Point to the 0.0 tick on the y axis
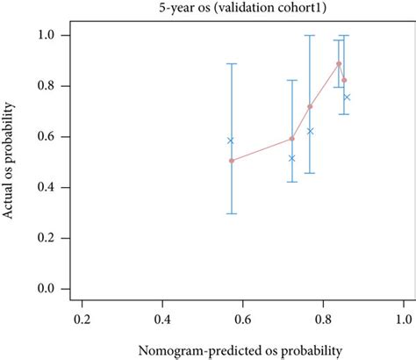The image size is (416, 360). (x=49, y=289)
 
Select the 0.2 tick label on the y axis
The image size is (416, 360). (x=49, y=238)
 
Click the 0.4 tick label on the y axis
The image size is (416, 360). (x=49, y=188)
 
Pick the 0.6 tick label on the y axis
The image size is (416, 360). (x=49, y=137)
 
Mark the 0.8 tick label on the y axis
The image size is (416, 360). (x=49, y=86)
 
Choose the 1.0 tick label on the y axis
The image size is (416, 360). (x=49, y=35)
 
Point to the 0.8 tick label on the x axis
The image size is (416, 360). (x=323, y=316)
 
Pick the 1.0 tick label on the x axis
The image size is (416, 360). (x=403, y=316)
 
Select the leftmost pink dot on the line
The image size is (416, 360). (x=232, y=161)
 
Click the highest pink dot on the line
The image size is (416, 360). (x=339, y=63)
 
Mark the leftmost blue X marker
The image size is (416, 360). (x=231, y=140)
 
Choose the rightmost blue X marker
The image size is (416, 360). (x=347, y=97)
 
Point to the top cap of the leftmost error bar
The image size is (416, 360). (x=232, y=64)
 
